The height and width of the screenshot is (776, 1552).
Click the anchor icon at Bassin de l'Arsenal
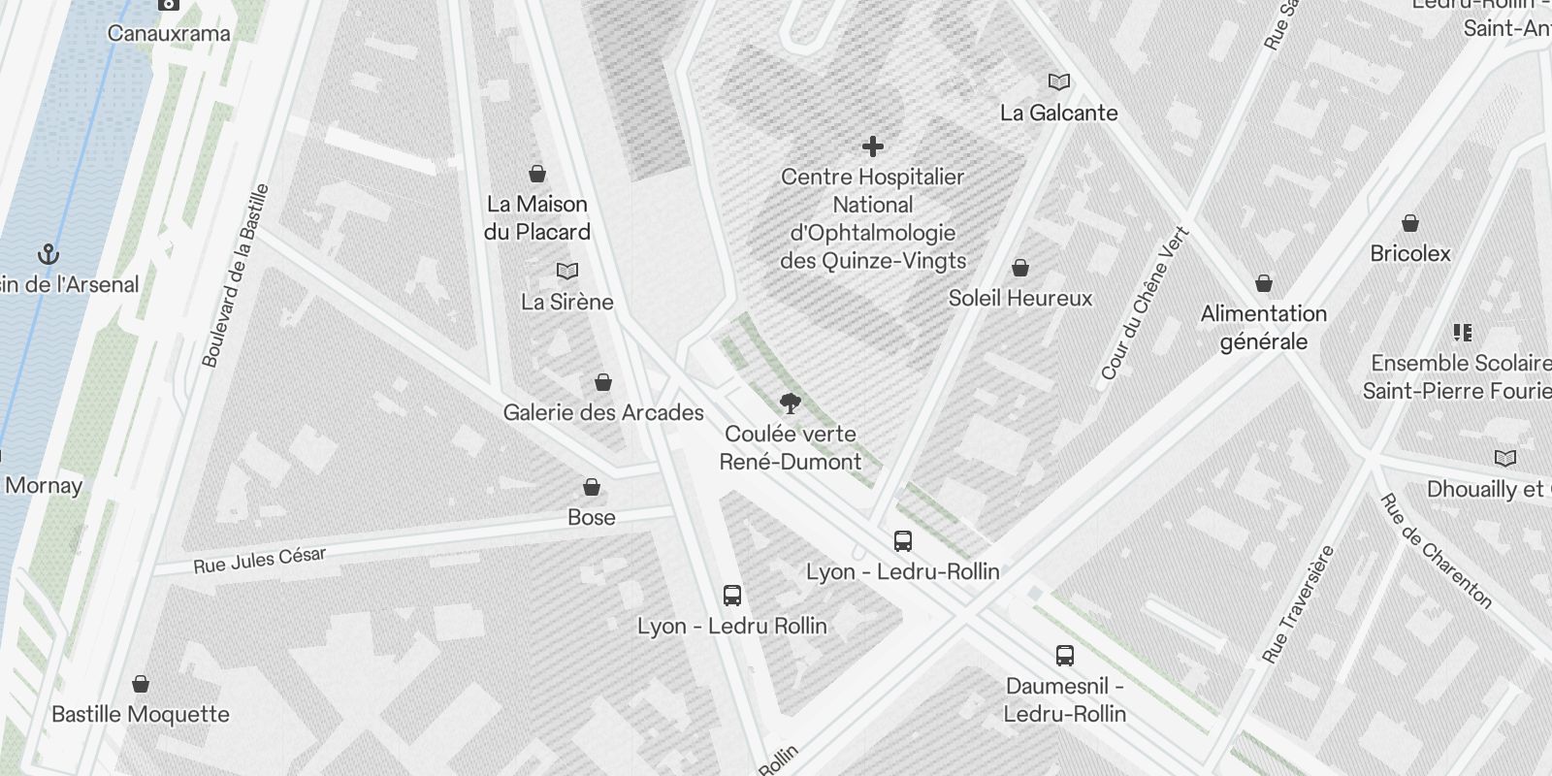pyautogui.click(x=48, y=255)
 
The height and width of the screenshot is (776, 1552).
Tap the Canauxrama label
pyautogui.click(x=169, y=33)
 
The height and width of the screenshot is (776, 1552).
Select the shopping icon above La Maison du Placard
pyautogui.click(x=537, y=174)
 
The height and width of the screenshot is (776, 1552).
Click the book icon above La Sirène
pyautogui.click(x=567, y=272)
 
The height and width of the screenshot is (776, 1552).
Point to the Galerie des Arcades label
pyautogui.click(x=603, y=412)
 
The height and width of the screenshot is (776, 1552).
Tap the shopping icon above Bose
pyautogui.click(x=592, y=487)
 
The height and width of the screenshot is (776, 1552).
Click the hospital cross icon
pyautogui.click(x=873, y=146)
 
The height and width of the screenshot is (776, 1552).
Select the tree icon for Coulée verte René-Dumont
pyautogui.click(x=791, y=404)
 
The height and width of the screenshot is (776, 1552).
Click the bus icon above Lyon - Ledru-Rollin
pyautogui.click(x=903, y=541)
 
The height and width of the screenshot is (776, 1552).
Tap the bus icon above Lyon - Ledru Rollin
pyautogui.click(x=732, y=596)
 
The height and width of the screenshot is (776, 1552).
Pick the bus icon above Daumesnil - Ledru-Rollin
pyautogui.click(x=1065, y=656)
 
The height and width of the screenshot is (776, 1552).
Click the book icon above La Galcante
pyautogui.click(x=1059, y=82)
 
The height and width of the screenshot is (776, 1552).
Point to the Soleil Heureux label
pyautogui.click(x=1020, y=298)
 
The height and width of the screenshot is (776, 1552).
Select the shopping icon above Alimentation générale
pyautogui.click(x=1264, y=283)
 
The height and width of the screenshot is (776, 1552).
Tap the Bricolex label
pyautogui.click(x=1410, y=253)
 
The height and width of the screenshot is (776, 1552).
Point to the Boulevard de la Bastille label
pyautogui.click(x=235, y=275)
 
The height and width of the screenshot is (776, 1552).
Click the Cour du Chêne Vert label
pyautogui.click(x=1145, y=304)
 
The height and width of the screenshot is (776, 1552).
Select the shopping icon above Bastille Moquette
pyautogui.click(x=141, y=684)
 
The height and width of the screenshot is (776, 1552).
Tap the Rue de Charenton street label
pyautogui.click(x=1436, y=551)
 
